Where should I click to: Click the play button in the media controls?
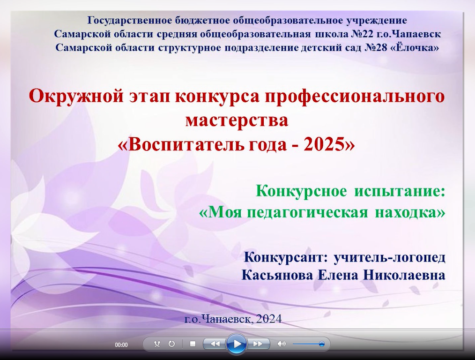pyautogui.click(x=237, y=344)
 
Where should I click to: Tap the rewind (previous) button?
pyautogui.click(x=215, y=344)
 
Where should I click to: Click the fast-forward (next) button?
pyautogui.click(x=258, y=344)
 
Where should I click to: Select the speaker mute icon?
pyautogui.click(x=282, y=344)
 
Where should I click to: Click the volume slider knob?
pyautogui.click(x=322, y=344)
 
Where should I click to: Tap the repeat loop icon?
pyautogui.click(x=171, y=344)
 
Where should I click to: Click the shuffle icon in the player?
pyautogui.click(x=157, y=344)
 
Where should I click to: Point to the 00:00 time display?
pyautogui.click(x=121, y=345)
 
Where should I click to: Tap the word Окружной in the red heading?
pyautogui.click(x=76, y=97)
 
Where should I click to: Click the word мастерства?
pyautogui.click(x=237, y=120)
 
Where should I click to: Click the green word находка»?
pyautogui.click(x=410, y=212)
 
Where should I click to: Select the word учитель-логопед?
pyautogui.click(x=390, y=257)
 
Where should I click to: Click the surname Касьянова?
pyautogui.click(x=277, y=275)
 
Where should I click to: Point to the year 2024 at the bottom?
pyautogui.click(x=269, y=319)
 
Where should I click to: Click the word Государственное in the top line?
pyautogui.click(x=130, y=20)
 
